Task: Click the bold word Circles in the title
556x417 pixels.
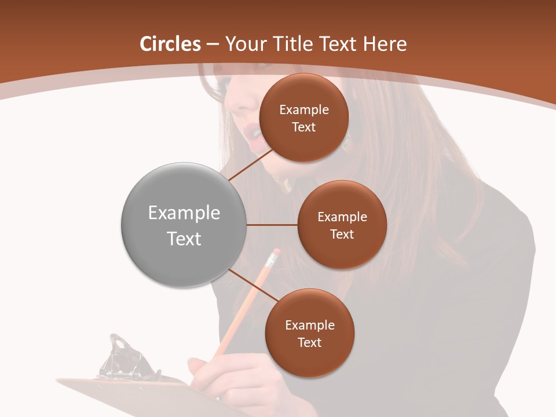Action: pos(170,44)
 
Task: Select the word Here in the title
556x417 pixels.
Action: pos(385,44)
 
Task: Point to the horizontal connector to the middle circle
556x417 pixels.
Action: pos(272,225)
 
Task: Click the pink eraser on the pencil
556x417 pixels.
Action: pos(275,253)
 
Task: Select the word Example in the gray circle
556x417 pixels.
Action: pos(184,213)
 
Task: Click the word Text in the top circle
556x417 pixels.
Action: pos(303,127)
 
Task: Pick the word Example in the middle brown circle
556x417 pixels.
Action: pos(342,217)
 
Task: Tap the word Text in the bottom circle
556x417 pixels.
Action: pos(309,343)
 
